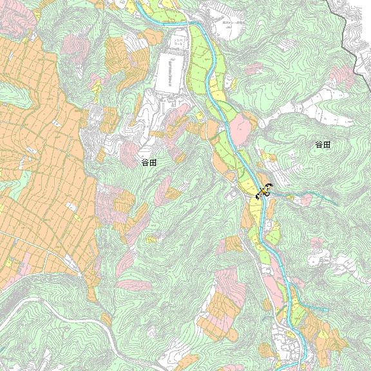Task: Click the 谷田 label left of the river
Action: coord(149,163)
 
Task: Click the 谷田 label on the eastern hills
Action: coord(323,145)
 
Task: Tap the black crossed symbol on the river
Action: coord(263,192)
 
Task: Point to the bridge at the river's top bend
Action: coord(191,24)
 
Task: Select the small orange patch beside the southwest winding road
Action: coord(106,319)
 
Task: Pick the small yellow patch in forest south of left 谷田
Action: coord(151,239)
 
